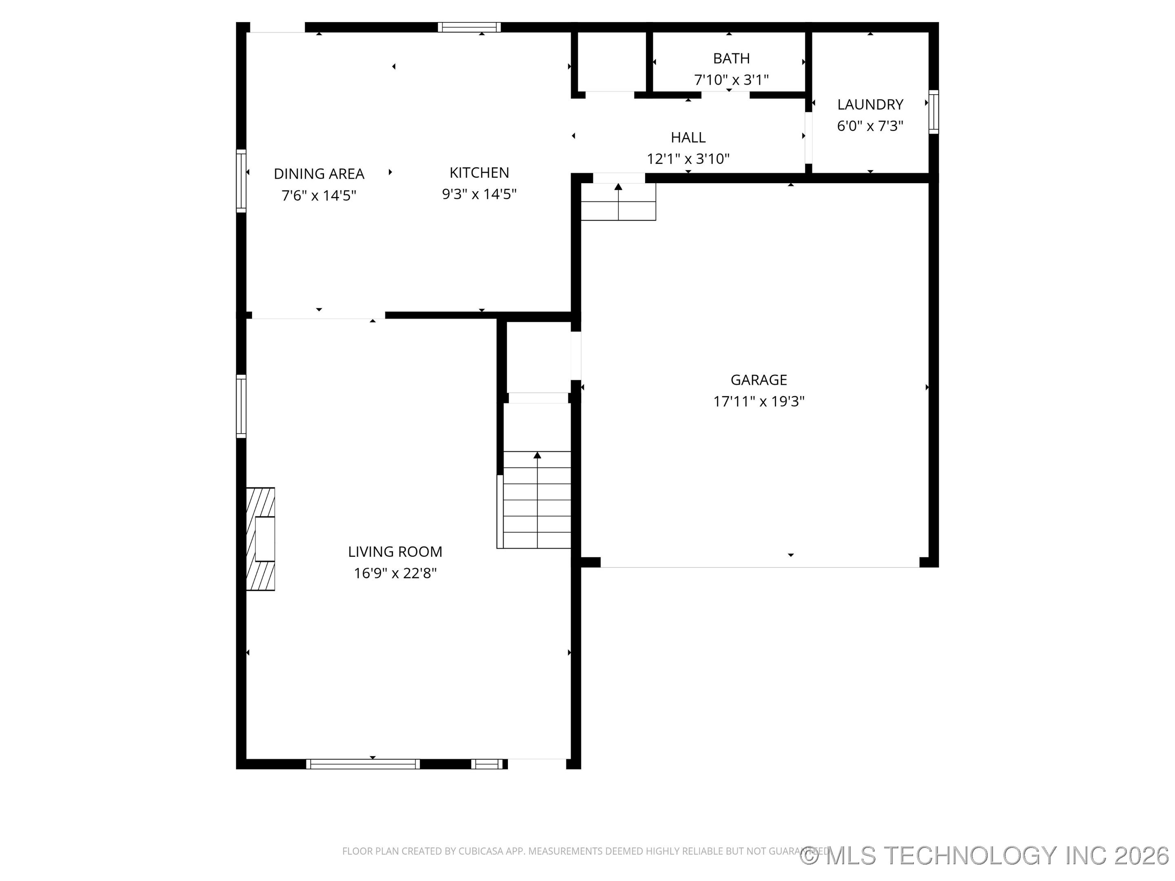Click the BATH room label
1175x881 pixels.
coord(731,58)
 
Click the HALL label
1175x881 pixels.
coord(688,137)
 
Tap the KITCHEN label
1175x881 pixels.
coord(479,173)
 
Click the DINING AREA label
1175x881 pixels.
coord(319,174)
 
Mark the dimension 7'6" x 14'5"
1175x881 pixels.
coord(319,195)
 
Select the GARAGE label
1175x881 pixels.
coord(758,380)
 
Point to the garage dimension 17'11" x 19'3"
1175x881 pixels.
coord(758,401)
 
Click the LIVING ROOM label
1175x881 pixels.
coord(395,552)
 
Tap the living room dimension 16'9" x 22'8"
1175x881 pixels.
coord(395,573)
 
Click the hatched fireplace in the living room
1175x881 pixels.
coord(260,539)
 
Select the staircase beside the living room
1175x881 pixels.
coord(537,499)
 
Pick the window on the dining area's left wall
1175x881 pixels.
coord(241,181)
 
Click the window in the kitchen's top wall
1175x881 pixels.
coord(469,27)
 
